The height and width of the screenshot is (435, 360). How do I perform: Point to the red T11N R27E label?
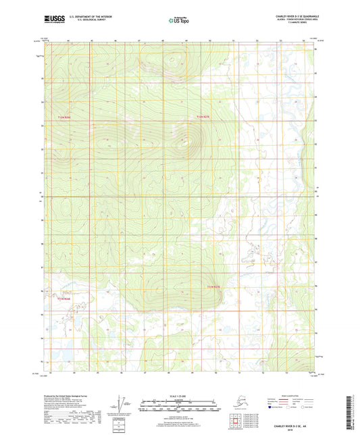(213, 287)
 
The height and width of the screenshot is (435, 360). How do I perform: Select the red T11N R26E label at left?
(63, 298)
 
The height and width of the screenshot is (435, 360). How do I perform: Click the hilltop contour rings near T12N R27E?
(184, 142)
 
